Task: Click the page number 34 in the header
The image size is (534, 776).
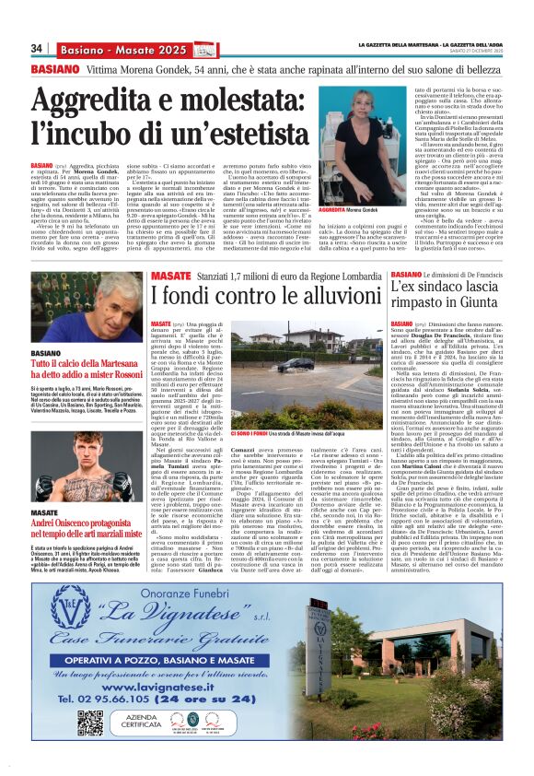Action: click(38, 48)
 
